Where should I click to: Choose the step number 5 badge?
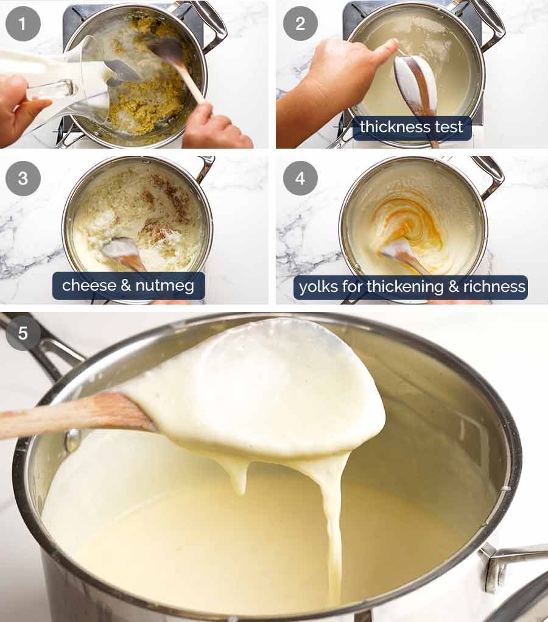coord(23,333)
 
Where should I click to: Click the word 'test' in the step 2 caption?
coord(451,127)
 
